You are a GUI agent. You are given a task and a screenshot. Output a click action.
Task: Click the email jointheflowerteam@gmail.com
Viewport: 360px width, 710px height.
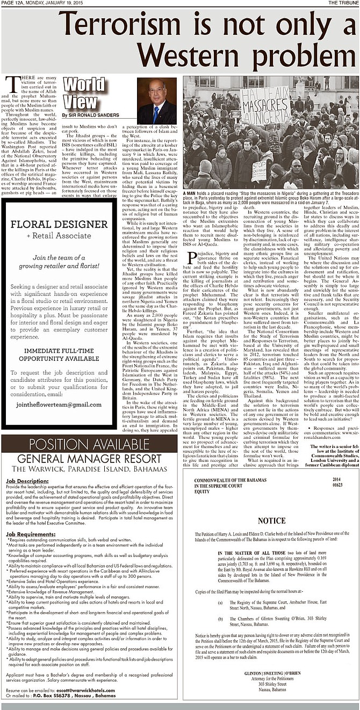[x=59, y=404]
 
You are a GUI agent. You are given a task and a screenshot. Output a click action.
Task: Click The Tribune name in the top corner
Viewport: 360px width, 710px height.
[x=343, y=3]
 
